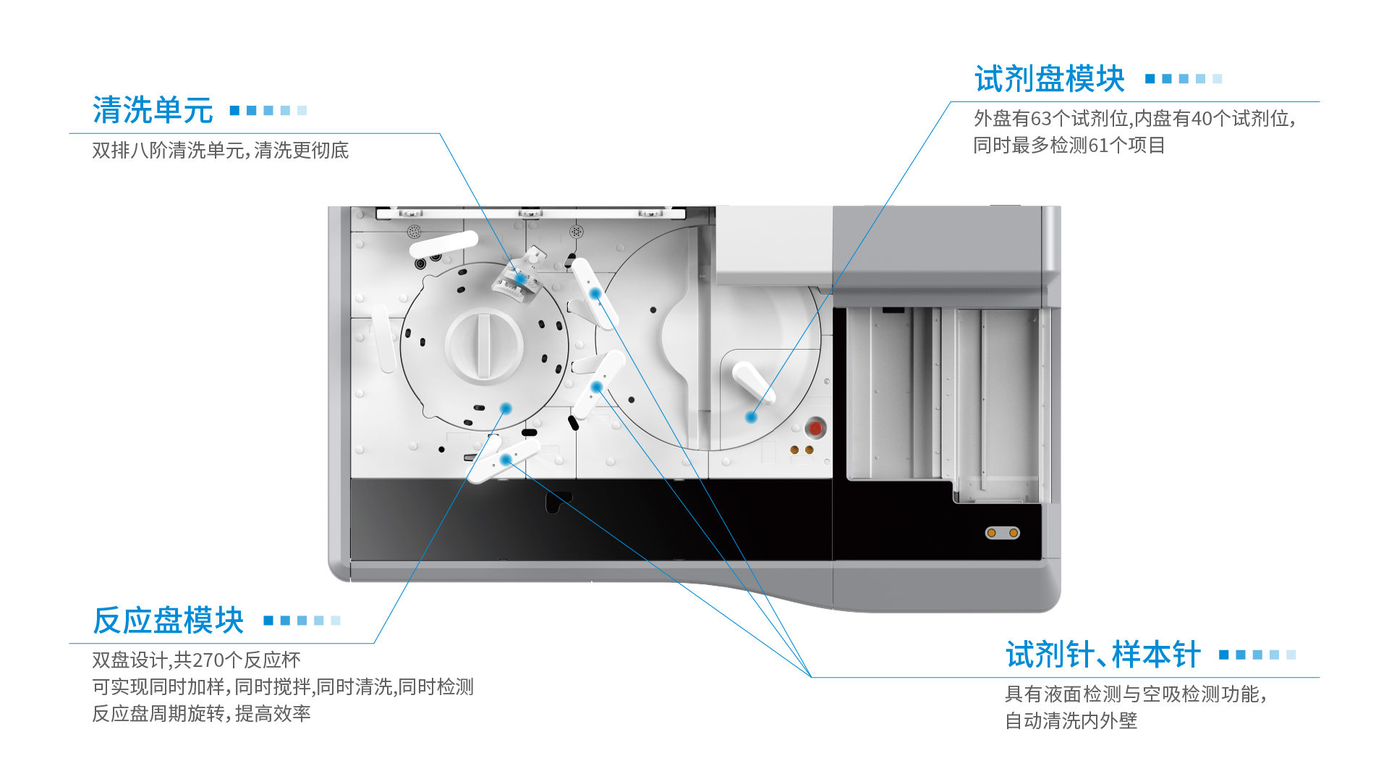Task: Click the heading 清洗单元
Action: tap(153, 111)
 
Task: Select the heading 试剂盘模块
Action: tap(1050, 79)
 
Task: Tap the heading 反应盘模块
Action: tap(169, 621)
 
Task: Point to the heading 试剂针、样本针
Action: tap(1103, 655)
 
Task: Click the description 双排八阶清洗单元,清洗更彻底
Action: tap(221, 151)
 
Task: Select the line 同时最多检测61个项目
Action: tap(1069, 146)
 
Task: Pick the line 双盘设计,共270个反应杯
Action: tap(196, 660)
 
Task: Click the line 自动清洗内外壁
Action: tap(1071, 721)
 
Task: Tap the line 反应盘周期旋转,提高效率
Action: tap(202, 714)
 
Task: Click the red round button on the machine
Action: tap(815, 428)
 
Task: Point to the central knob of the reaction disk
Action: tap(484, 345)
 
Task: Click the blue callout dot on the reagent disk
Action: tap(752, 417)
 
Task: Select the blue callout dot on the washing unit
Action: tap(521, 279)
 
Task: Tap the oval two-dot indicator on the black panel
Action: tap(1003, 533)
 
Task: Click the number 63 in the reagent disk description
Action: tap(1041, 119)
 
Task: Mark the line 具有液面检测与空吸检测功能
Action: tap(1136, 694)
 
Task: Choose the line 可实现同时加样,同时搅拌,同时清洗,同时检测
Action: tap(283, 687)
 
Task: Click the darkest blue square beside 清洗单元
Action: tap(234, 111)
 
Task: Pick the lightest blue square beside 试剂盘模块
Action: tap(1218, 79)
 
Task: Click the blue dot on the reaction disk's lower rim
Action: tap(506, 408)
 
